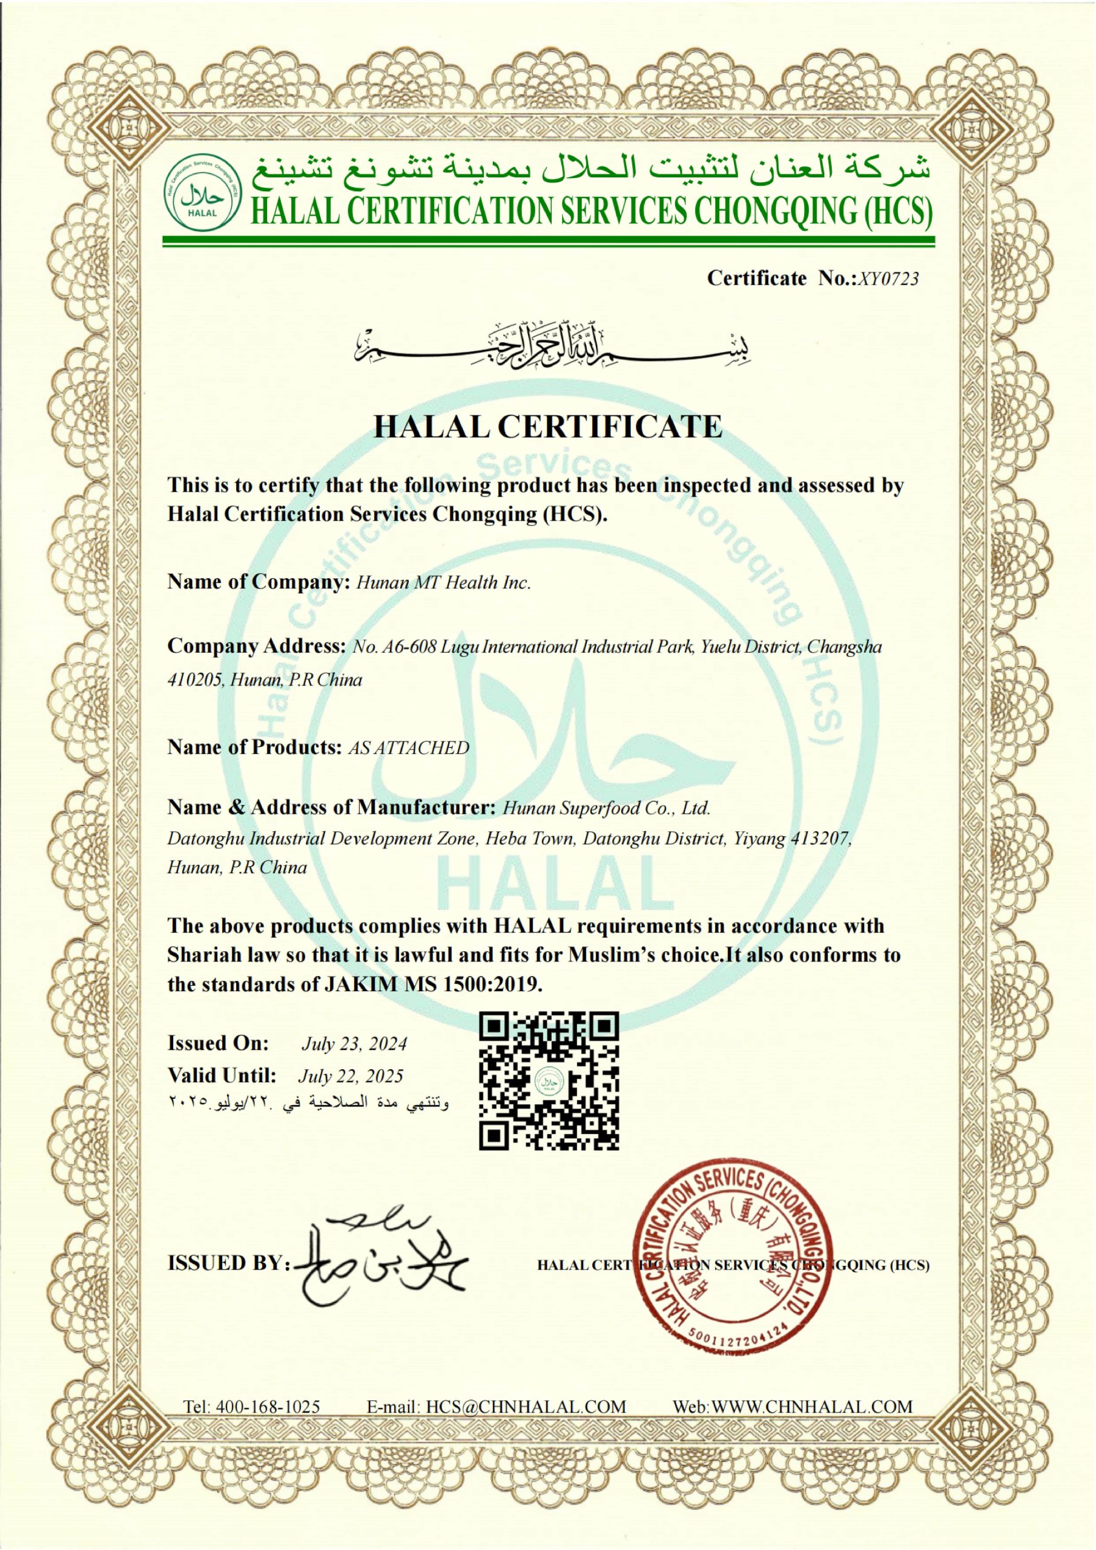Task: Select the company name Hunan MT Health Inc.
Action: (x=443, y=583)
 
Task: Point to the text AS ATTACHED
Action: (x=408, y=747)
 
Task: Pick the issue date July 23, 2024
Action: (x=354, y=1044)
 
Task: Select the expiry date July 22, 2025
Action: (x=351, y=1076)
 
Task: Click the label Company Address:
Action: (x=257, y=646)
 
